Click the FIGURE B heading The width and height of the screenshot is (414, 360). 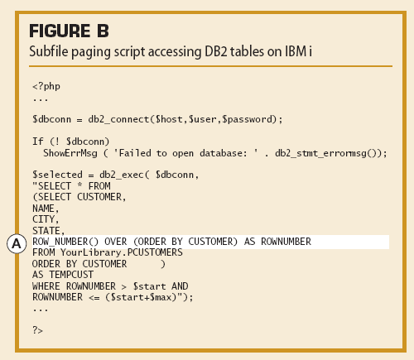coord(69,31)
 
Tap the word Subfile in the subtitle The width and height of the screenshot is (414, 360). coord(49,51)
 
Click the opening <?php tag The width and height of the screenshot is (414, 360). coord(46,86)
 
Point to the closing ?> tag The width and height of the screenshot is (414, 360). coord(38,330)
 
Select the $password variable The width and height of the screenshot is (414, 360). coord(248,119)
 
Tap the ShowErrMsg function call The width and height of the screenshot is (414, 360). coord(70,153)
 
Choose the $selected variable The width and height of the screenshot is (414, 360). coord(57,175)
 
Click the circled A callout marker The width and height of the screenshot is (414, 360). coord(17,244)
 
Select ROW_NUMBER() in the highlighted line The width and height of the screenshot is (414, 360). coord(65,242)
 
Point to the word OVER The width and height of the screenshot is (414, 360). coord(116,242)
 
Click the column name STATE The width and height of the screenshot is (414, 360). coord(46,231)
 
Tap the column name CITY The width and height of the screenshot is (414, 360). coord(43,219)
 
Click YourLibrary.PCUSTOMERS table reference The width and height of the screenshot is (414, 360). coord(122,252)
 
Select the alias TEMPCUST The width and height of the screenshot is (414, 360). coord(71,275)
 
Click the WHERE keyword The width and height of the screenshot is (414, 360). coord(46,286)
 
